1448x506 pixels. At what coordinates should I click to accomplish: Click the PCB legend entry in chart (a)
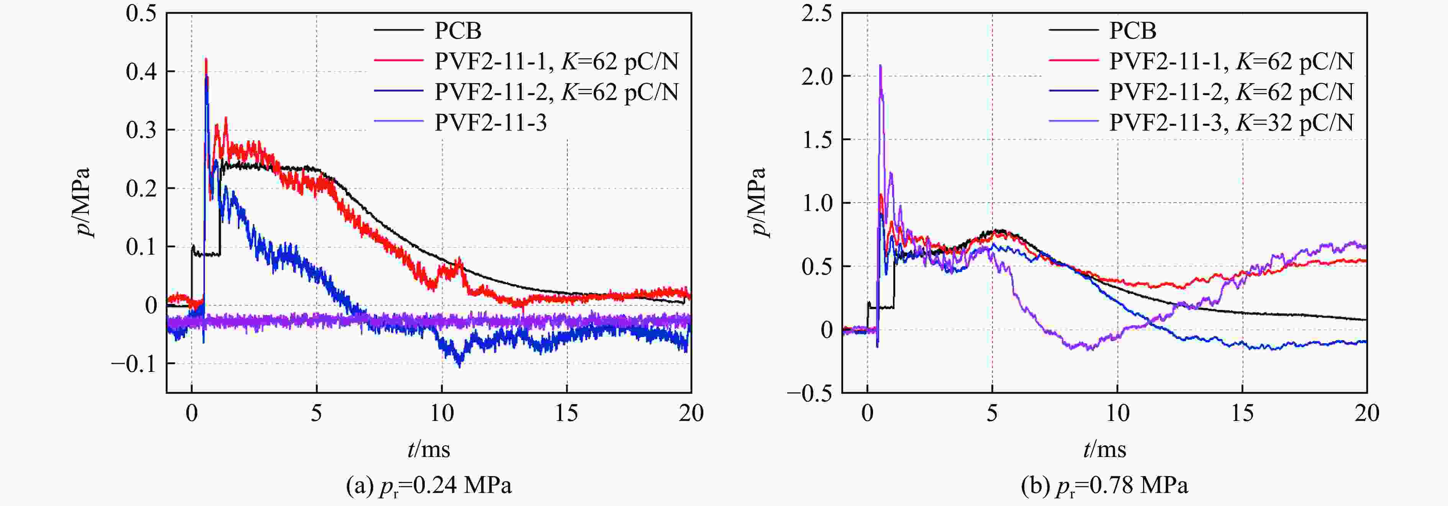pyautogui.click(x=457, y=30)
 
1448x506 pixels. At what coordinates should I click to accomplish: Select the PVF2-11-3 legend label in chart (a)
pyautogui.click(x=490, y=123)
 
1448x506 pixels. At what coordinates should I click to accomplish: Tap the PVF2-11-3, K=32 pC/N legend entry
pyautogui.click(x=1231, y=123)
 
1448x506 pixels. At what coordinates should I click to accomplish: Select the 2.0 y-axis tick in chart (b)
pyautogui.click(x=817, y=77)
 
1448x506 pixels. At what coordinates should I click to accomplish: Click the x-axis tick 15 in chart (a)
pyautogui.click(x=567, y=414)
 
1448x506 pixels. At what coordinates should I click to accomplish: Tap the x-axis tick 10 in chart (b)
pyautogui.click(x=1117, y=414)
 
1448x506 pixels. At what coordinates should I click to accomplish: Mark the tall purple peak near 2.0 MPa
pyautogui.click(x=880, y=66)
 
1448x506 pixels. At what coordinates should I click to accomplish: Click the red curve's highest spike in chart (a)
pyautogui.click(x=206, y=59)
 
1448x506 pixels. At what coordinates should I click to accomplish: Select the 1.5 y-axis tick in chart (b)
pyautogui.click(x=817, y=139)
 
